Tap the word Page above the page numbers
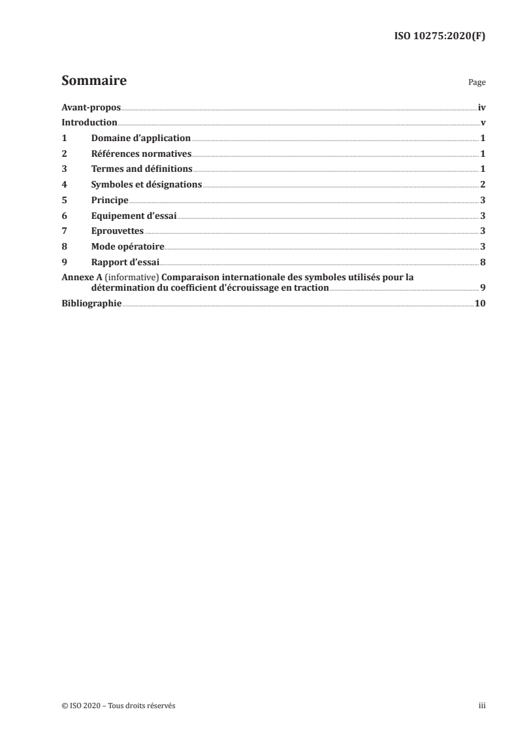477,84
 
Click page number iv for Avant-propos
481,107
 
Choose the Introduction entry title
89,123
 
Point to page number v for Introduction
483,123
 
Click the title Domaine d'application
140,138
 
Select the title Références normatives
141,154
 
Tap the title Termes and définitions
142,169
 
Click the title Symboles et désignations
147,185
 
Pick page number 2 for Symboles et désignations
483,185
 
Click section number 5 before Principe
64,201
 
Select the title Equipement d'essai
134,216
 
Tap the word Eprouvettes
118,231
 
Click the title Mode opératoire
127,247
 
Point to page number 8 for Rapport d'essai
483,262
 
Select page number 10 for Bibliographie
480,304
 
